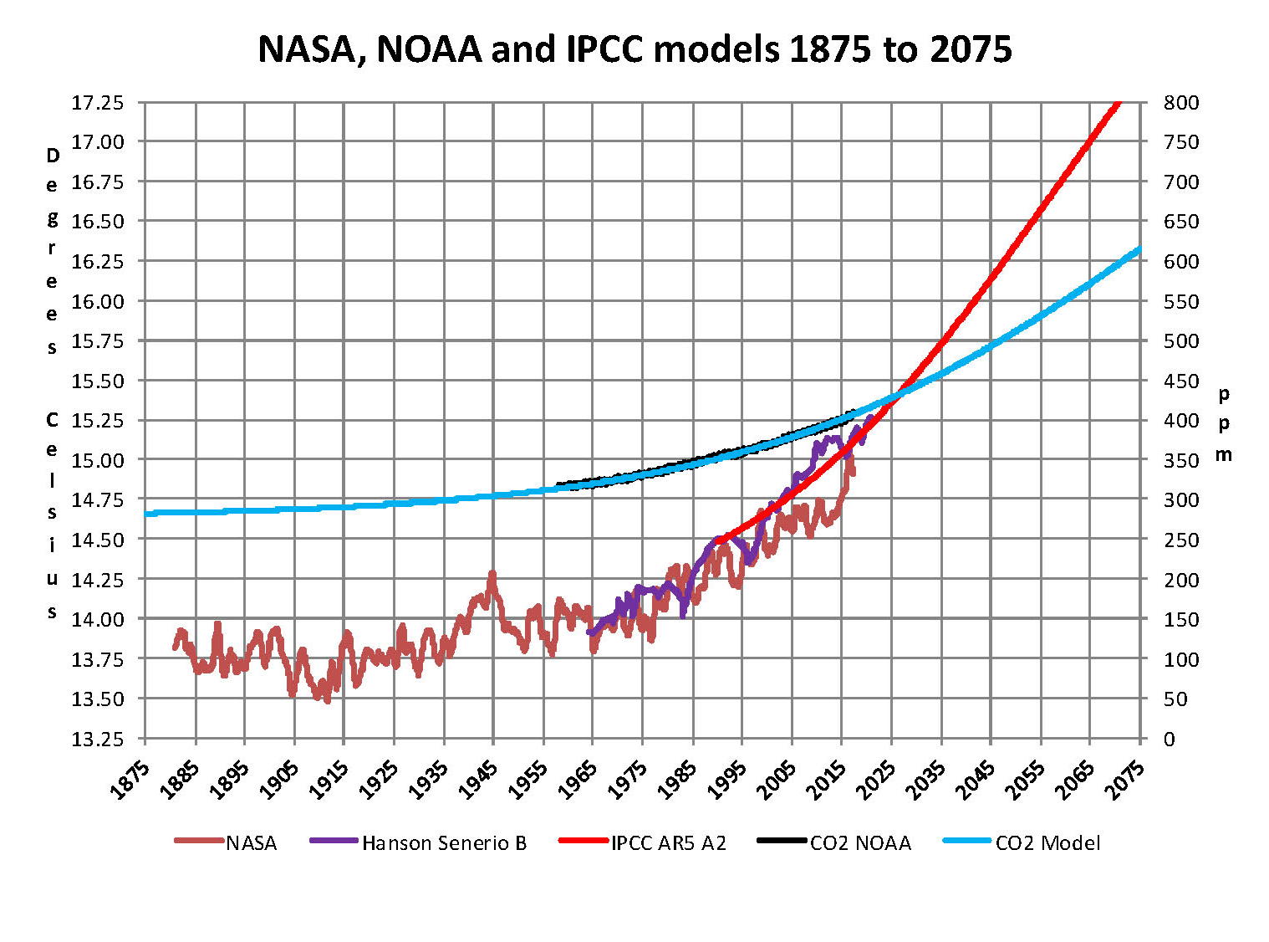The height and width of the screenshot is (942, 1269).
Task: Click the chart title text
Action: pyautogui.click(x=634, y=49)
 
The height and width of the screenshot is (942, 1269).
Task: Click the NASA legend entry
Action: pyautogui.click(x=251, y=842)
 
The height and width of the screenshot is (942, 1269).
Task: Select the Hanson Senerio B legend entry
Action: pyautogui.click(x=444, y=842)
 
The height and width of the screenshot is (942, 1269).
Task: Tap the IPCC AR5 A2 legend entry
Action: pyautogui.click(x=668, y=842)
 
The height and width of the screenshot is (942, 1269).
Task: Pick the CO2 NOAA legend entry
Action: pyautogui.click(x=860, y=842)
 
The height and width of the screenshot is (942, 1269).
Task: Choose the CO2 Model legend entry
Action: pyautogui.click(x=1047, y=842)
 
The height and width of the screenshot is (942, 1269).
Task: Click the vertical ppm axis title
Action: pyautogui.click(x=1224, y=423)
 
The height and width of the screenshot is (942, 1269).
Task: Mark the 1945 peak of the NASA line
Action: pyautogui.click(x=492, y=575)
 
